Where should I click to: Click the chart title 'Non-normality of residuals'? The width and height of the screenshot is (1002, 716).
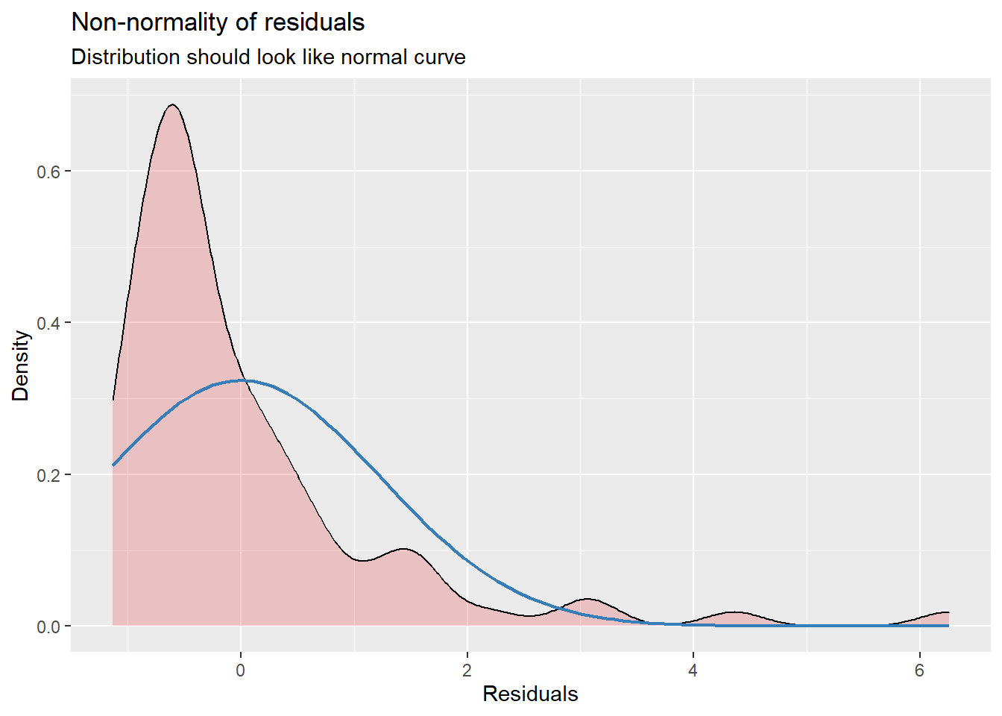(218, 22)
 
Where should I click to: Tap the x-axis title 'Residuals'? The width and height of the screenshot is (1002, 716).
(530, 694)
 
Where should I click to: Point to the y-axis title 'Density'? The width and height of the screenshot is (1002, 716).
(21, 365)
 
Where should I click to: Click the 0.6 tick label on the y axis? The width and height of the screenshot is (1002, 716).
(49, 172)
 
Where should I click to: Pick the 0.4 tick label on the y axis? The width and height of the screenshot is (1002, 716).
(49, 323)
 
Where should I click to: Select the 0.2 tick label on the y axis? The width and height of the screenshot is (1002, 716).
(49, 475)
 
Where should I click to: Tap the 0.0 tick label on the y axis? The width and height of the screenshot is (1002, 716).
(49, 626)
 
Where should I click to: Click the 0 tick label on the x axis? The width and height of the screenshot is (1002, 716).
(240, 671)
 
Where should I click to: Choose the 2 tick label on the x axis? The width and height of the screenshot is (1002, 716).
(467, 671)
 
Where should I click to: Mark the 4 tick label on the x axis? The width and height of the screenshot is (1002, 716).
(693, 671)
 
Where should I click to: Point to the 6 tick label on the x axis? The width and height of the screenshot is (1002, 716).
(919, 671)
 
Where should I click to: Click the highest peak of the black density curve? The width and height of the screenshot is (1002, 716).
(172, 104)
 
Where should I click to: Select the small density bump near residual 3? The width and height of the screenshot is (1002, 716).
(587, 599)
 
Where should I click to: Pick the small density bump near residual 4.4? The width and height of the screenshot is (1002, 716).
(734, 612)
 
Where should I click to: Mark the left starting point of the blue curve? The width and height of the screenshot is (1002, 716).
(113, 465)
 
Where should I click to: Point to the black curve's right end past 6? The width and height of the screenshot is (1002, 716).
(948, 612)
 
